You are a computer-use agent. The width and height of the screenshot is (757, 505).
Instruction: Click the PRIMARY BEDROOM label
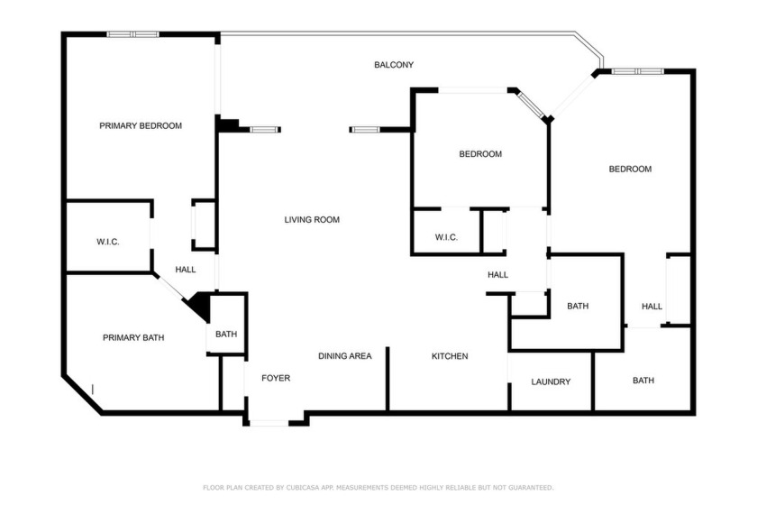point(141,125)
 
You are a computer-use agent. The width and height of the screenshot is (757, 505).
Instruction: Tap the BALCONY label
point(394,65)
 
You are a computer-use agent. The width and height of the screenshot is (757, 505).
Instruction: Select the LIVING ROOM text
point(312,219)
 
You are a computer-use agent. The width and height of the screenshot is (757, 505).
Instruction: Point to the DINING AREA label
point(344,356)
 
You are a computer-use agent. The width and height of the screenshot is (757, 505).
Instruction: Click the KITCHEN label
point(450,356)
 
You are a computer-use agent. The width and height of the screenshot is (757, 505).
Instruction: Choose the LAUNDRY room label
point(551,381)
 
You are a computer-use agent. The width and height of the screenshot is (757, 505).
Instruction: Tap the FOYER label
point(276,378)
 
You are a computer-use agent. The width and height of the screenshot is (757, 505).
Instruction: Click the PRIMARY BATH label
point(133,338)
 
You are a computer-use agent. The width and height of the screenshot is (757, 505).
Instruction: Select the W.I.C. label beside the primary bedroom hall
point(107,242)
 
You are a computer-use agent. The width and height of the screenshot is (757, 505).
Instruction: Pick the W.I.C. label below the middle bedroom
point(446,237)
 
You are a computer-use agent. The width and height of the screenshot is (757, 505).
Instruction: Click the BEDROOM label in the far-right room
point(630,170)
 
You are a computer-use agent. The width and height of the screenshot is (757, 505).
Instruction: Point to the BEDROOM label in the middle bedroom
point(480,154)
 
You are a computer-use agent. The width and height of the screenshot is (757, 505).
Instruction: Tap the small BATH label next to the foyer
point(226,334)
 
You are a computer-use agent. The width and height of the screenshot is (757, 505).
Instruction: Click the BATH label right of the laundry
point(643,381)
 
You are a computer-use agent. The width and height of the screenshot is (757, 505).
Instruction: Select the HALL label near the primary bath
point(186,270)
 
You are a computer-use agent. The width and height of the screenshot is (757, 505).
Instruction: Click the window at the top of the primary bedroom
point(132,34)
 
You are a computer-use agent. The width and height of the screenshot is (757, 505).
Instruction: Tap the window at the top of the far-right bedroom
point(638,71)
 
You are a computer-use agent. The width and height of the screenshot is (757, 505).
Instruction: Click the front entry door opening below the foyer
point(269,423)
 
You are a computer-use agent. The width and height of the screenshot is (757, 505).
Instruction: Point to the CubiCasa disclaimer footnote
point(378,488)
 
